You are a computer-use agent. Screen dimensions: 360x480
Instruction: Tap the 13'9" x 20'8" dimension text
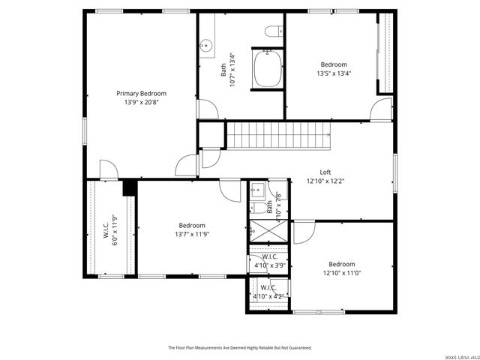141,103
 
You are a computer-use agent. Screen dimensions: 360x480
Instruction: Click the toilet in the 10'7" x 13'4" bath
273,31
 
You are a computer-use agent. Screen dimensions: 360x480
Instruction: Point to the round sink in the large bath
205,46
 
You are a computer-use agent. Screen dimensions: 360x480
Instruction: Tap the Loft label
325,172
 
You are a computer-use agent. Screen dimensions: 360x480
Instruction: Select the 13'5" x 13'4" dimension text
334,73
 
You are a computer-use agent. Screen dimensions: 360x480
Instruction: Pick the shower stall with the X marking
268,231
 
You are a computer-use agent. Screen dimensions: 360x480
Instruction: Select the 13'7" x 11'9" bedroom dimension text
192,234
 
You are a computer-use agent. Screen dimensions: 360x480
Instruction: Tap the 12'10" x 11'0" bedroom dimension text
341,273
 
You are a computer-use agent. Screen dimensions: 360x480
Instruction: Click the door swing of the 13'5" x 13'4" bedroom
382,112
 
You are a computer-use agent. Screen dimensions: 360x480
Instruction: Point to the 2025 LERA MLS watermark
457,355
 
